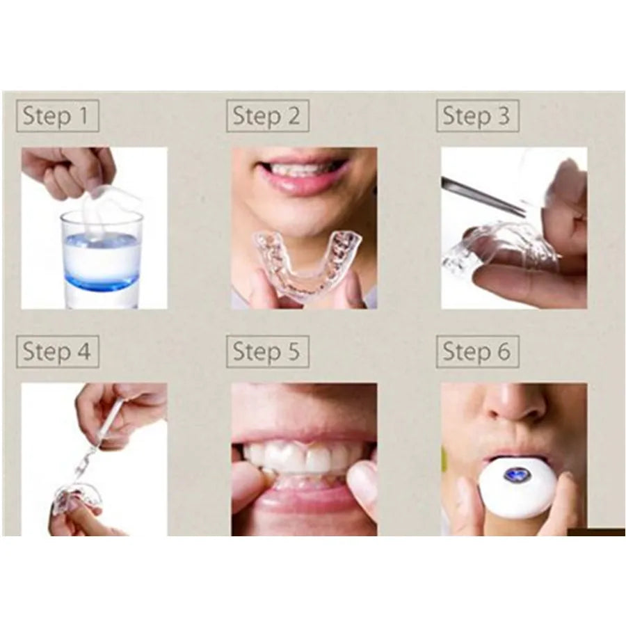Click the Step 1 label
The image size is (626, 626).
pyautogui.click(x=57, y=116)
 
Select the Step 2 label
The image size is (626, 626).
pyautogui.click(x=267, y=116)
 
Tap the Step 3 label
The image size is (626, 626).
pyautogui.click(x=477, y=116)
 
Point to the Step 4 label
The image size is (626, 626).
pyautogui.click(x=57, y=352)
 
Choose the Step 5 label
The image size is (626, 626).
pyautogui.click(x=267, y=352)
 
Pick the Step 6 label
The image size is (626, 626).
pyautogui.click(x=477, y=352)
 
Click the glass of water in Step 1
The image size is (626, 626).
pyautogui.click(x=101, y=257)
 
